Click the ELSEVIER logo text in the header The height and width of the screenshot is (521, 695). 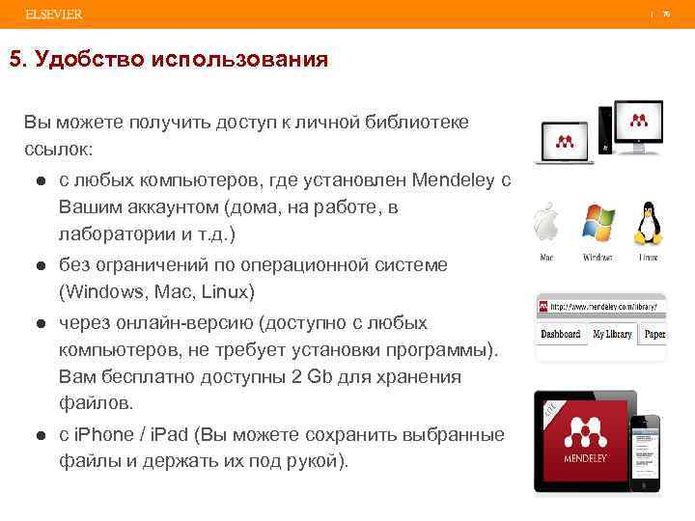point(47,14)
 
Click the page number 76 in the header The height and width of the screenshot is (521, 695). point(665,14)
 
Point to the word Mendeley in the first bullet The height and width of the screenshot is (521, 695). point(452,180)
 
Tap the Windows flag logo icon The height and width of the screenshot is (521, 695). point(597,225)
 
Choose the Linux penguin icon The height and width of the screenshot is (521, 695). point(647,225)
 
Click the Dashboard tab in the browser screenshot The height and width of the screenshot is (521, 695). point(560,334)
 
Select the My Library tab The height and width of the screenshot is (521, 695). point(612,334)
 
